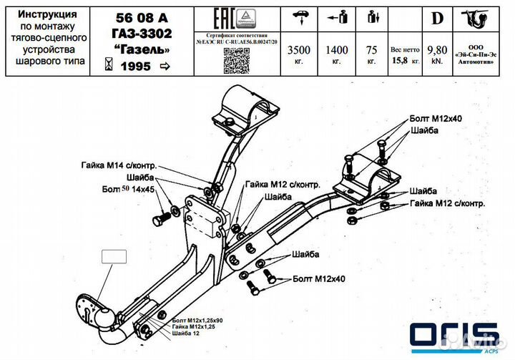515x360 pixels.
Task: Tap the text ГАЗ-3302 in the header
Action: pos(142,34)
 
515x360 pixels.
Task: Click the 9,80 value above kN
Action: pos(436,49)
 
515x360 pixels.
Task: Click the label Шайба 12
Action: pos(185,333)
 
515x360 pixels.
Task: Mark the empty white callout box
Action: pos(113,257)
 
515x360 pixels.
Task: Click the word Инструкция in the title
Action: pos(47,14)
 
